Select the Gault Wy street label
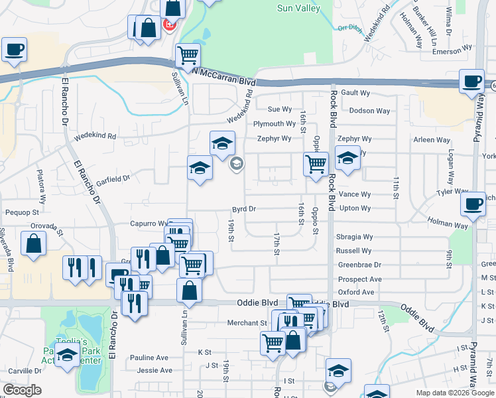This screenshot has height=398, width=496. click(x=356, y=94)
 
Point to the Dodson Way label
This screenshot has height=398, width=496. click(x=369, y=111)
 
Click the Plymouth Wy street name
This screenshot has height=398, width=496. click(x=275, y=124)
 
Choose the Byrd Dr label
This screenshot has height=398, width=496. click(x=243, y=208)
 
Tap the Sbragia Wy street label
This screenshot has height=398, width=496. click(x=354, y=237)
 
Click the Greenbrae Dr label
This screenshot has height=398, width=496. click(x=359, y=265)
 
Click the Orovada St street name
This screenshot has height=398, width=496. click(x=46, y=229)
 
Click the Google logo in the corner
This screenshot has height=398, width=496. click(x=22, y=390)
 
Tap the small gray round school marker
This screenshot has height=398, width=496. click(x=235, y=163)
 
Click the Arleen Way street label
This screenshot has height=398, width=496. click(x=432, y=140)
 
